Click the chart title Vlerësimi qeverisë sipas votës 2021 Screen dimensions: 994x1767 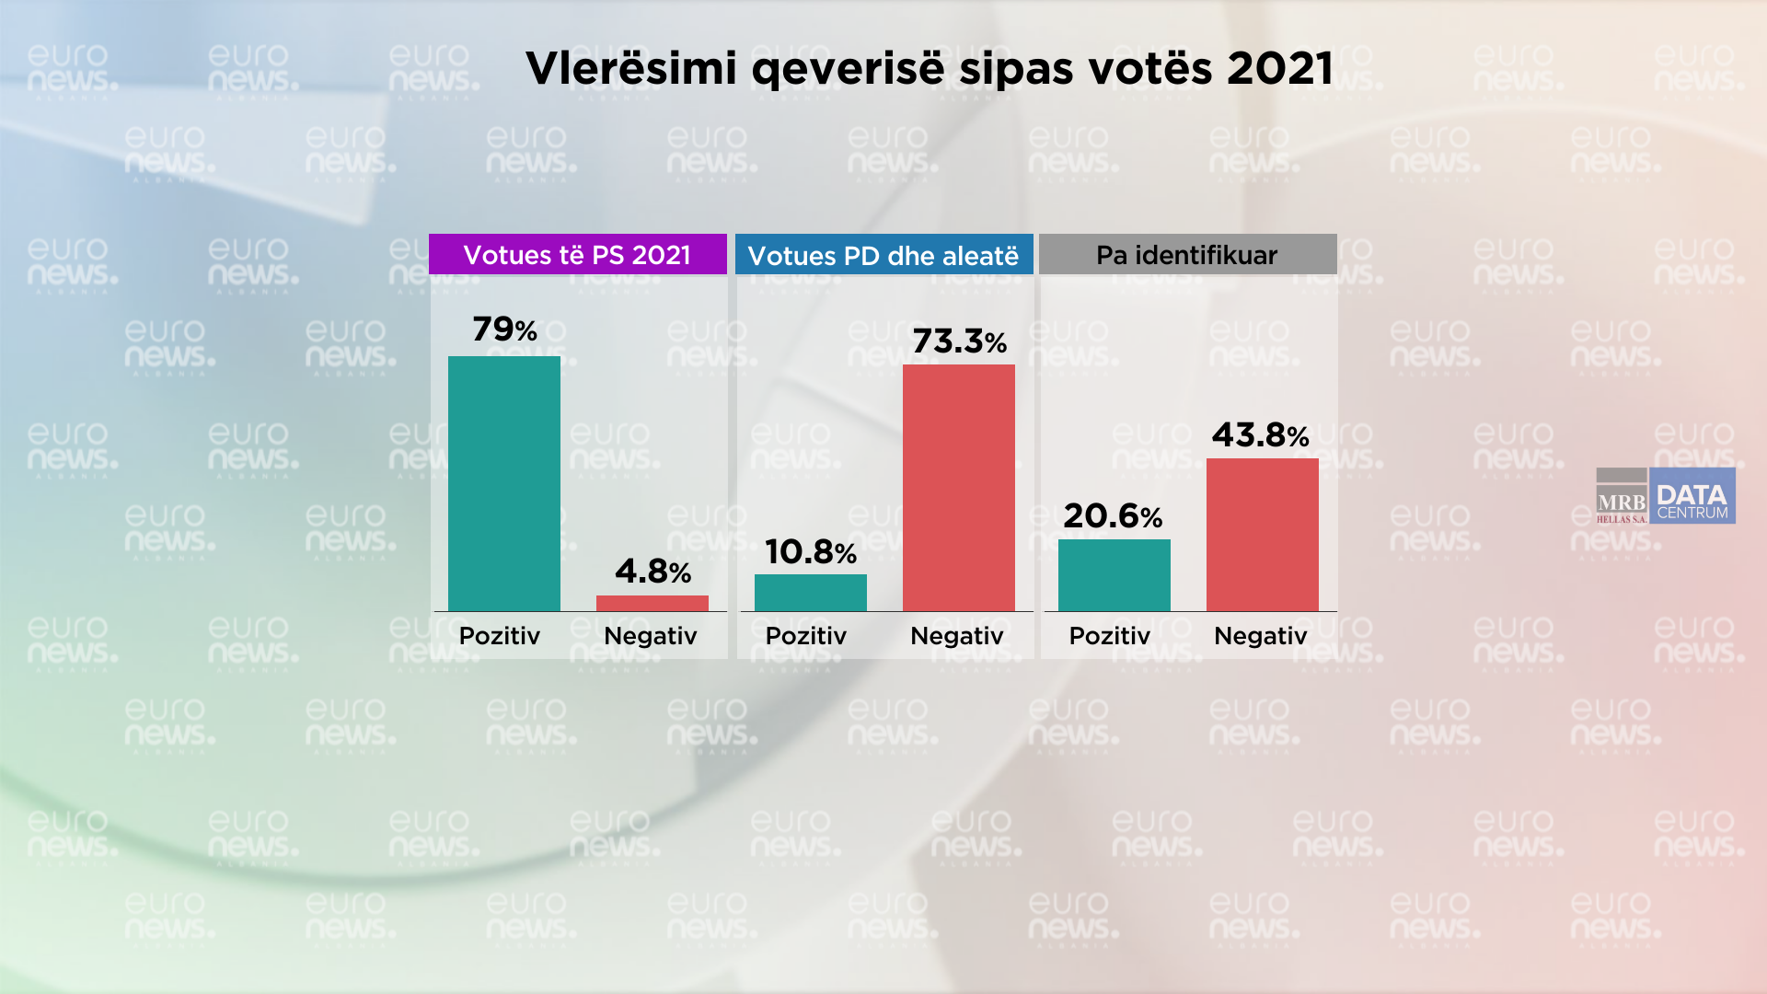tap(929, 68)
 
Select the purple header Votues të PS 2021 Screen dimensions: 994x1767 tap(577, 254)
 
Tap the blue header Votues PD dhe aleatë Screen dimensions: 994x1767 tap(883, 255)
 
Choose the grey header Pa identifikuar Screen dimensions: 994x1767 tap(1187, 254)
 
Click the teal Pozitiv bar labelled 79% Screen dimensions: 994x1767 tap(503, 483)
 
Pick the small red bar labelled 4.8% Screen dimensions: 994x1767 tap(652, 603)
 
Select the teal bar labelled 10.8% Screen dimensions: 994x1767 tap(810, 592)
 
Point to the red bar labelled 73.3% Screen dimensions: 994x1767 tap(958, 487)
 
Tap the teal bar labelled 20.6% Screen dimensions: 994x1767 tap(1114, 574)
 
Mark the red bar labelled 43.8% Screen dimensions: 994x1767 tap(1262, 534)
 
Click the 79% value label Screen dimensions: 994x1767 tap(504, 329)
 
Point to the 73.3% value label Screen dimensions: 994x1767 tap(959, 341)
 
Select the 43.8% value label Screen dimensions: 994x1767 tap(1260, 434)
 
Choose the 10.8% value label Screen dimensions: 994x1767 tap(810, 552)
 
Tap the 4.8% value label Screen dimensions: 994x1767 tap(653, 572)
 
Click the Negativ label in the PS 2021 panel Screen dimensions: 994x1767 tap(650, 636)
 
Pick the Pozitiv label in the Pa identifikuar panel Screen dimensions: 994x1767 tap(1109, 636)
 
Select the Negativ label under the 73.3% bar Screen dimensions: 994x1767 tap(956, 636)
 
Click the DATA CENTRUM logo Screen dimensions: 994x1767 tap(1692, 496)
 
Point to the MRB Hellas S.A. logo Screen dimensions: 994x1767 tap(1622, 497)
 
